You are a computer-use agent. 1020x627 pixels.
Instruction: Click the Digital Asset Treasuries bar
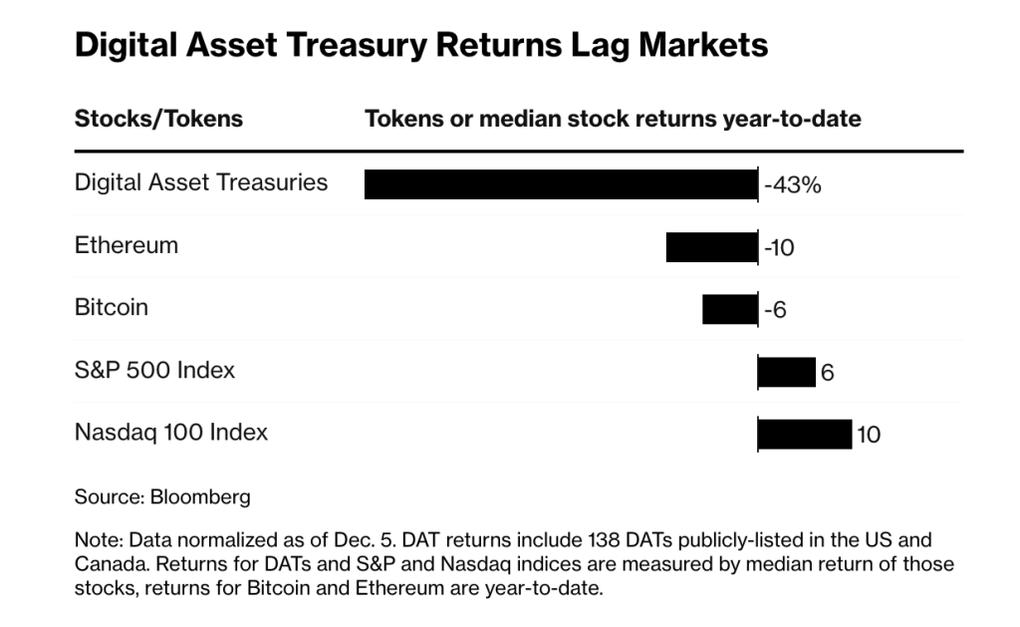click(561, 184)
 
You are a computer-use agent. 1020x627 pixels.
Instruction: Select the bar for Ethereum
click(711, 246)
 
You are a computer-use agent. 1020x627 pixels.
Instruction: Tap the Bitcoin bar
click(729, 309)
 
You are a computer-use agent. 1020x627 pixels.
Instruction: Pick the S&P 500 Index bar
click(786, 372)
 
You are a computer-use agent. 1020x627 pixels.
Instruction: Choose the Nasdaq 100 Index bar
click(804, 435)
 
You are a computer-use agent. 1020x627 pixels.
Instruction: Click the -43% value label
click(792, 185)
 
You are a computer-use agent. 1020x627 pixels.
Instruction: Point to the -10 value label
click(779, 248)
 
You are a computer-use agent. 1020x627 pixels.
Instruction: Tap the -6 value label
click(775, 311)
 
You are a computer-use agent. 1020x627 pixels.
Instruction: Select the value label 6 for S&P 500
click(827, 374)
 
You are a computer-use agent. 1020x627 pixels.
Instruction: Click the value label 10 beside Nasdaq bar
click(869, 436)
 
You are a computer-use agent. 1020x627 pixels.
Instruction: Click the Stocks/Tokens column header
click(158, 119)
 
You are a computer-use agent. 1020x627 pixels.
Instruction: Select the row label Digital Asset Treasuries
click(201, 182)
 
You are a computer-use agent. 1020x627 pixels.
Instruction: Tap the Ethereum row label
click(127, 245)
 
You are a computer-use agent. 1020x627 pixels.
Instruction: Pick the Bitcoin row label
click(112, 307)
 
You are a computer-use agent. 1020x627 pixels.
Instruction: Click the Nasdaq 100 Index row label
click(171, 433)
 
